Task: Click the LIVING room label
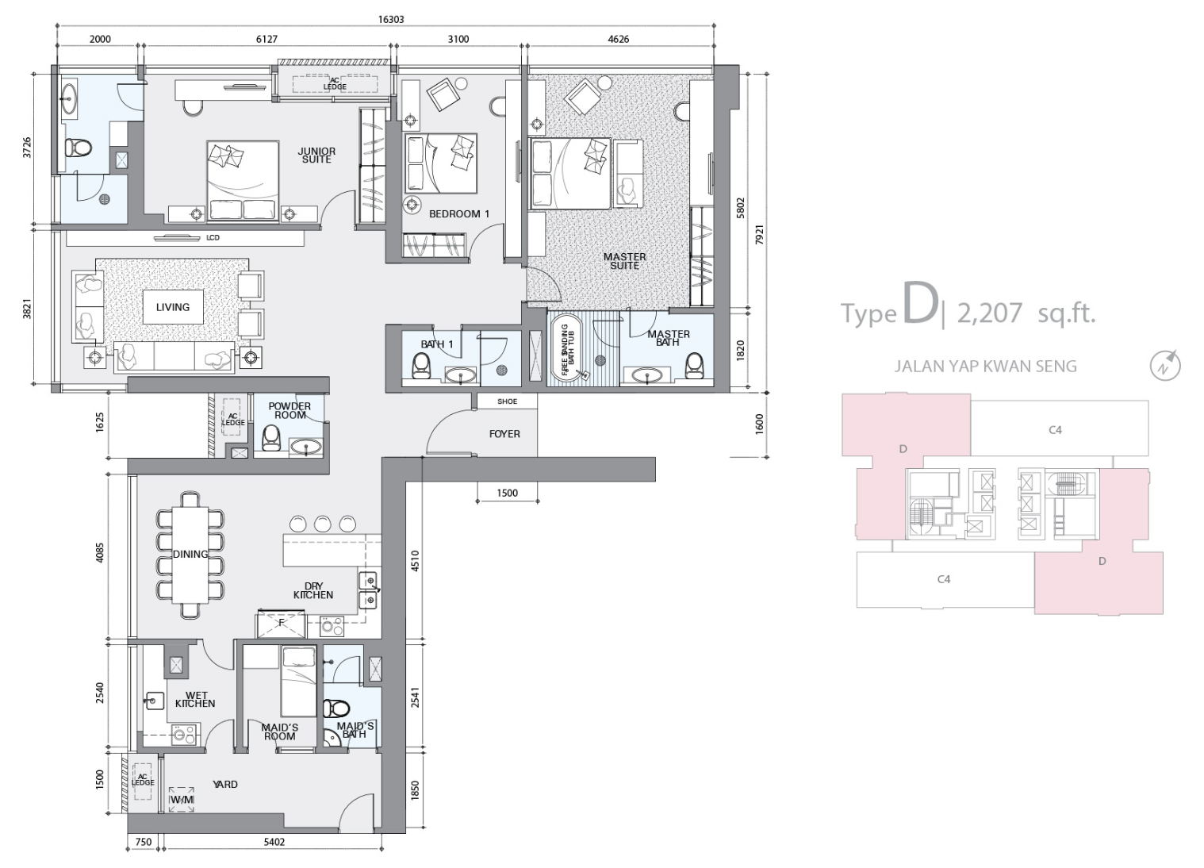[x=173, y=307]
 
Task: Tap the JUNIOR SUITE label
[x=316, y=156]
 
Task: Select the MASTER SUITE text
[x=624, y=261]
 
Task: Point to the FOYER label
[x=504, y=433]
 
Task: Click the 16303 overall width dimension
[x=391, y=19]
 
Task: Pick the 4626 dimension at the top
[x=618, y=39]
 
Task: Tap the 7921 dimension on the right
[x=759, y=235]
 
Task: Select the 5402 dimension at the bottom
[x=274, y=842]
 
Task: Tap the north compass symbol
[x=1165, y=366]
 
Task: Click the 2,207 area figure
[x=989, y=313]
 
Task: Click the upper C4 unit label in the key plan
[x=1055, y=430]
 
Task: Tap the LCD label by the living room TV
[x=213, y=237]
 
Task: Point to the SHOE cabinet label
[x=507, y=401]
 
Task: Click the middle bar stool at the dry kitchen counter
[x=323, y=524]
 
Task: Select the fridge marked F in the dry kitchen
[x=281, y=624]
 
